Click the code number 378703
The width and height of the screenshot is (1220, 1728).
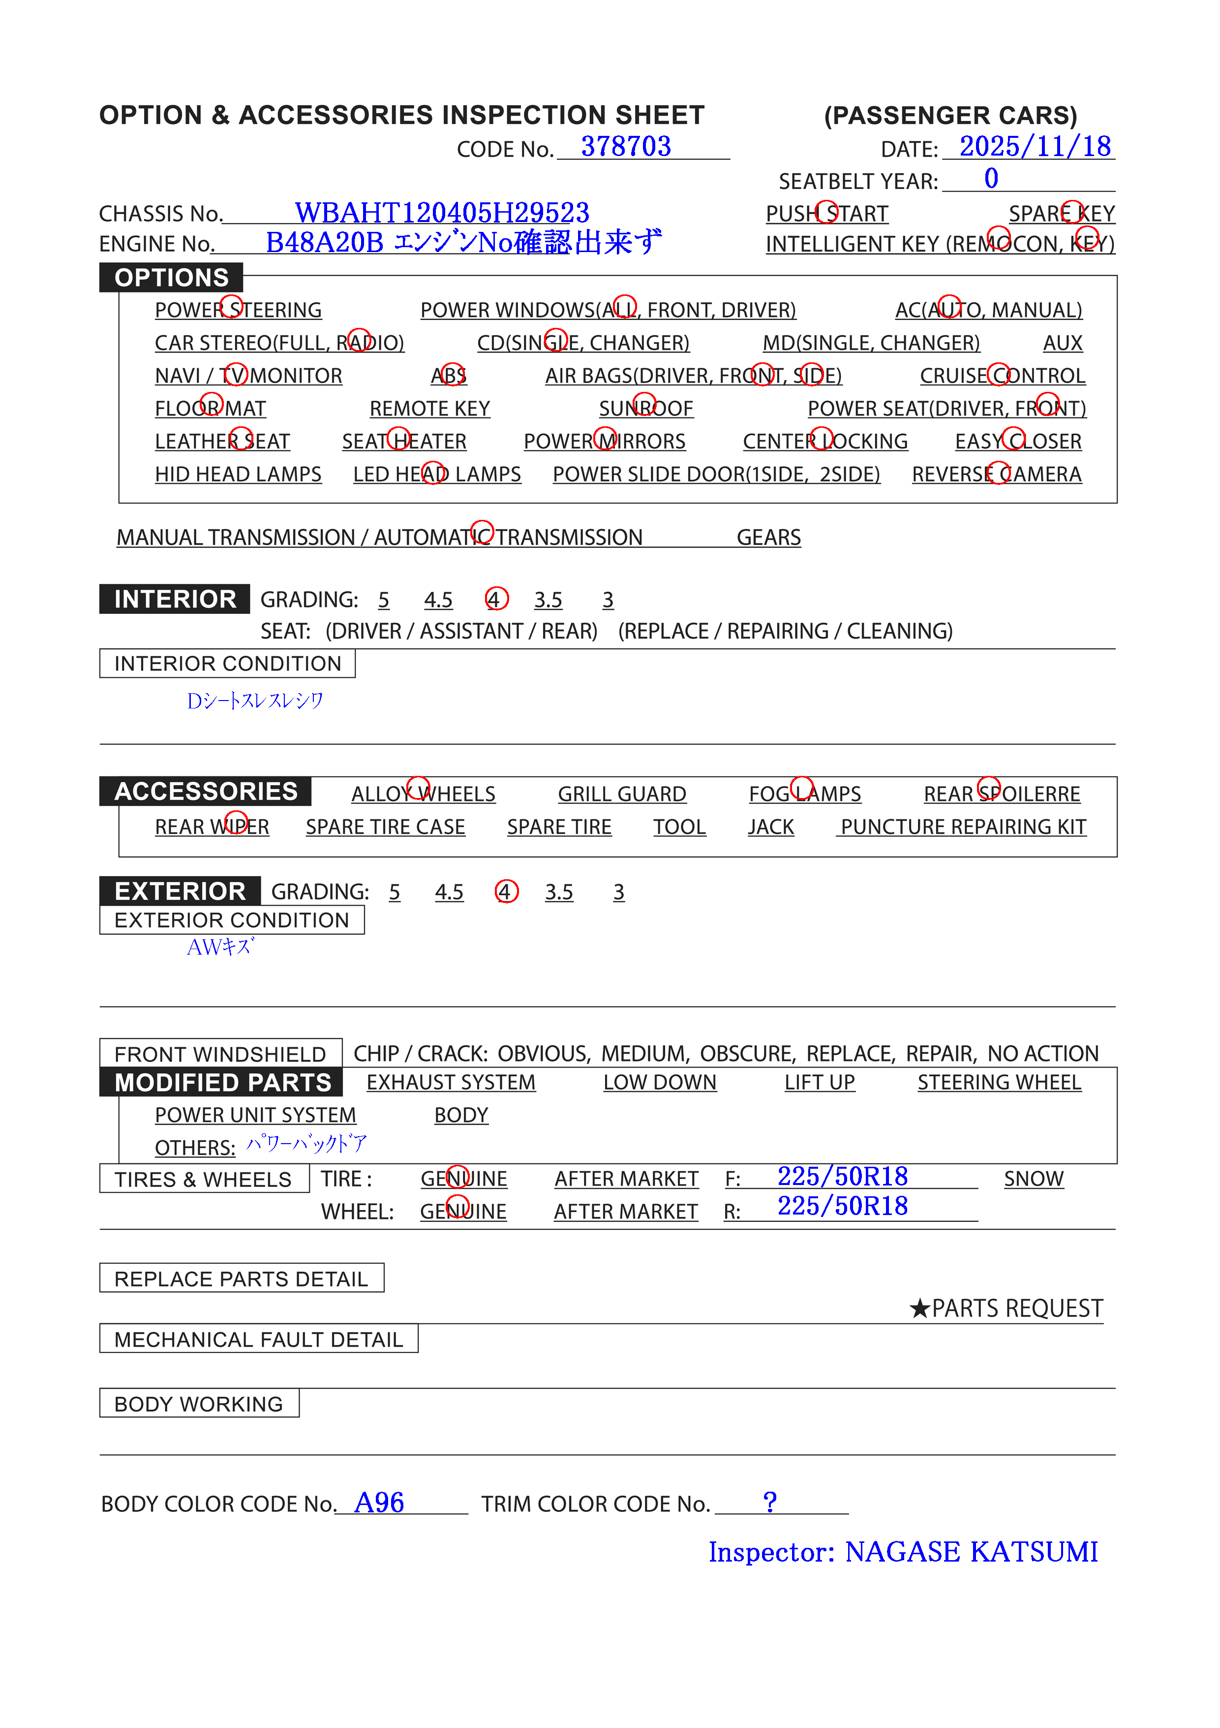coord(625,146)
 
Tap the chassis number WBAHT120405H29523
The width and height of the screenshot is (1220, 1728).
coord(442,213)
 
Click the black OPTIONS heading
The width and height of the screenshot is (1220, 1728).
coord(172,278)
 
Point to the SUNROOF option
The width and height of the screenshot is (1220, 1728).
coord(645,409)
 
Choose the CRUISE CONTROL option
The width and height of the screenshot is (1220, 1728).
coord(1002,376)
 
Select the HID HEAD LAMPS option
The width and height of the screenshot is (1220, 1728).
coord(238,474)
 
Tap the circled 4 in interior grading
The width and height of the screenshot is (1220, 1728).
coord(496,599)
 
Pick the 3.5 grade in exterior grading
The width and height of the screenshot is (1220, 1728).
coord(559,892)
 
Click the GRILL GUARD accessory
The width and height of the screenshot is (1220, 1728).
coord(621,794)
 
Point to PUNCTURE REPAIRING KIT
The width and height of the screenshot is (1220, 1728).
coord(963,827)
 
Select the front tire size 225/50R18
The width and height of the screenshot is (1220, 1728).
coord(842,1176)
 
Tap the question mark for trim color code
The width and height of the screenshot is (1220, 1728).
coord(769,1502)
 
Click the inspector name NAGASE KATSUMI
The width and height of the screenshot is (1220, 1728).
coord(970,1552)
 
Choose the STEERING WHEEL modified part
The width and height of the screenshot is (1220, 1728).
coord(999,1082)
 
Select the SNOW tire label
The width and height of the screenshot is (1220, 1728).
coord(1034,1179)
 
